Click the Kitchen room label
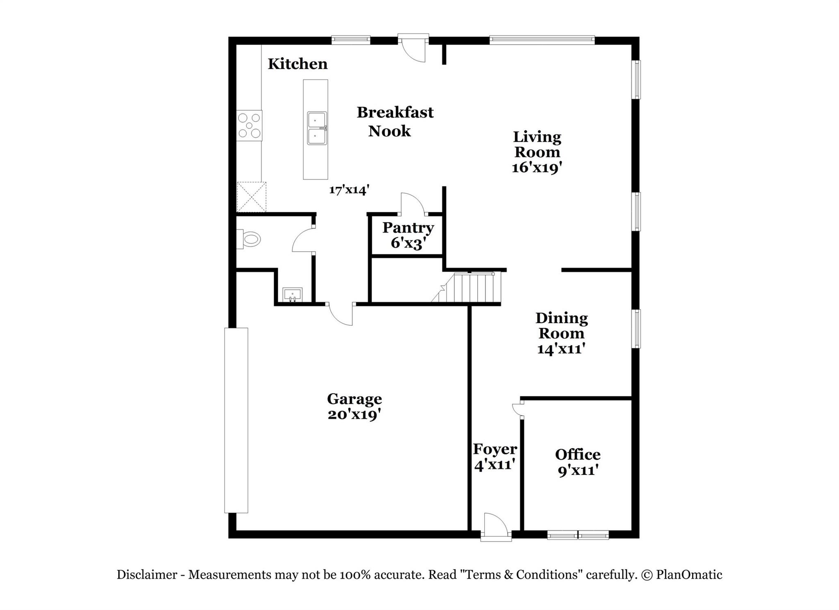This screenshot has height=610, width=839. click(297, 64)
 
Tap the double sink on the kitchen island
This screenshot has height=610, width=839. click(317, 128)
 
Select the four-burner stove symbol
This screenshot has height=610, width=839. click(249, 126)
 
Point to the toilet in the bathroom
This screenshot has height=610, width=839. click(249, 239)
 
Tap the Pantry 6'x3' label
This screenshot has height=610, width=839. click(408, 235)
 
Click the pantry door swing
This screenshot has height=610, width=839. click(413, 203)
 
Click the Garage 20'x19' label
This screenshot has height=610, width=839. click(354, 406)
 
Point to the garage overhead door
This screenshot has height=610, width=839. click(236, 420)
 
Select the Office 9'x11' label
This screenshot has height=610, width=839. click(577, 462)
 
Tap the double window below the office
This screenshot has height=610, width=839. click(578, 535)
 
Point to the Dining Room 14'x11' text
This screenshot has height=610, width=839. click(561, 333)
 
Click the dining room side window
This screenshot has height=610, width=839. click(636, 329)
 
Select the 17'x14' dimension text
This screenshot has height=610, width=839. click(349, 190)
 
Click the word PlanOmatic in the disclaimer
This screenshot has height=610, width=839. click(689, 575)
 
